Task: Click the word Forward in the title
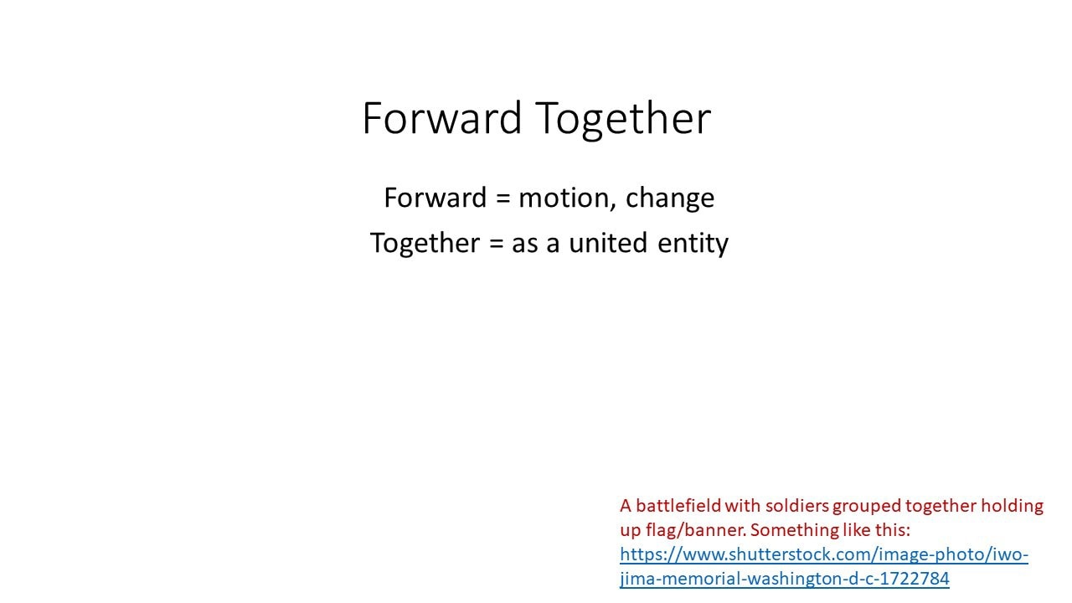(441, 118)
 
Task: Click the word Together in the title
(623, 120)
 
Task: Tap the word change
(670, 198)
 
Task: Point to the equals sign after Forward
(503, 198)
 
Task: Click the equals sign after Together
(497, 243)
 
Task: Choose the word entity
(693, 244)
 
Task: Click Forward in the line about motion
(435, 198)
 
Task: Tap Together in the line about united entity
(425, 244)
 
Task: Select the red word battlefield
(678, 506)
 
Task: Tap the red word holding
(1013, 508)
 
